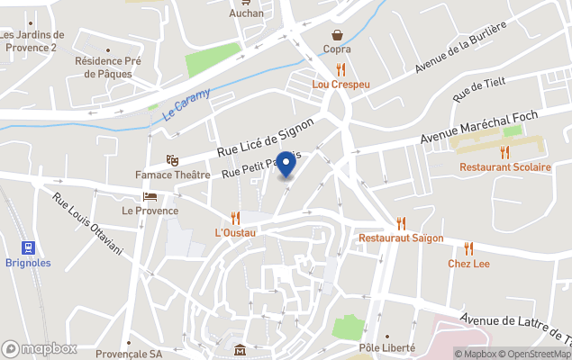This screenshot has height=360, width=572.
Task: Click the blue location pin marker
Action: [286, 165]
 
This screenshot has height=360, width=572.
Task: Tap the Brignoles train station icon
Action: [28, 247]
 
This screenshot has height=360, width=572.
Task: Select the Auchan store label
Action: [247, 13]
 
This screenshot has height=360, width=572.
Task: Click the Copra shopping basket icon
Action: [338, 35]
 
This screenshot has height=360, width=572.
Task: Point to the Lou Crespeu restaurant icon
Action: [340, 68]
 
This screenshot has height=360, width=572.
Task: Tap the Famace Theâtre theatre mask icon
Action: [172, 159]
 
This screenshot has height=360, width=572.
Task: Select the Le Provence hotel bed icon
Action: [150, 195]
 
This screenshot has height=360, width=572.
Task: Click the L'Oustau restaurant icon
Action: [235, 218]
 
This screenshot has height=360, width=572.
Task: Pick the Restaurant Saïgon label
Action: [401, 238]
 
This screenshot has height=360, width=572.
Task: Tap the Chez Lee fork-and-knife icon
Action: [468, 247]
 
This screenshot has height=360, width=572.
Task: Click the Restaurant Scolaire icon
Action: [504, 151]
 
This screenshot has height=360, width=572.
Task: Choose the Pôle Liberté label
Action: [386, 347]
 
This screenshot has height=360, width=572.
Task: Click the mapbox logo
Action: [40, 348]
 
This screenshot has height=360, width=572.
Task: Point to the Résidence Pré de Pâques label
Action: [109, 67]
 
